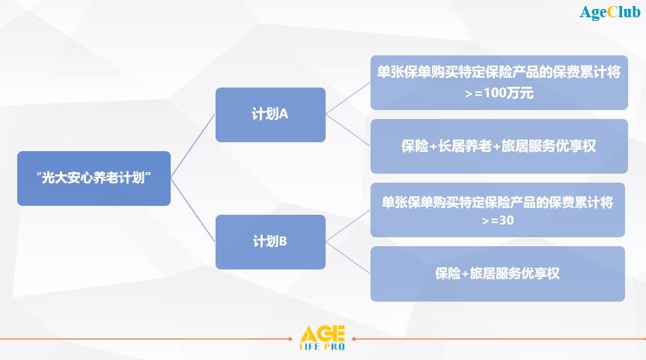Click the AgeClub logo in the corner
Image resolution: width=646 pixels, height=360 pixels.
610,13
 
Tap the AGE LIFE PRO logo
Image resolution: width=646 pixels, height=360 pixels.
323,338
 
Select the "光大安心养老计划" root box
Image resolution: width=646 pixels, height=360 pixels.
94,178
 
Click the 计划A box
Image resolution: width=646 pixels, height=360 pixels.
270,115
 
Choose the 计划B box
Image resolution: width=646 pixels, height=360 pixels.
270,242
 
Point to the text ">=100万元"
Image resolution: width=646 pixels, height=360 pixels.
499,93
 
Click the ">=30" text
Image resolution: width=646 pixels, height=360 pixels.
498,221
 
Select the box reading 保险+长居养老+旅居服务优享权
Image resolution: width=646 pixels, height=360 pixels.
499,146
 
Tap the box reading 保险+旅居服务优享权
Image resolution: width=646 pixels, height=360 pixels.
498,274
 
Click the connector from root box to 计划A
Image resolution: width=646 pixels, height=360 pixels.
193,146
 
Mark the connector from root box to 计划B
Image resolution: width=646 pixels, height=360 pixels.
193,210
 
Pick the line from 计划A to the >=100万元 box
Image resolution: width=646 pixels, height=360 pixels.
348,99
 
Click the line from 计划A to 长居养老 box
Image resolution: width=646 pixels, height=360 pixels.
348,130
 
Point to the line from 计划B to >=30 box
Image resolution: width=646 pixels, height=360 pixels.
348,226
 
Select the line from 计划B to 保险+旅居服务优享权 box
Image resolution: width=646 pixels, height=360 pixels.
348,258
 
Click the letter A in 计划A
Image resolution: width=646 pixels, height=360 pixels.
284,114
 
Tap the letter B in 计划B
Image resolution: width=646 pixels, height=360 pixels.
283,242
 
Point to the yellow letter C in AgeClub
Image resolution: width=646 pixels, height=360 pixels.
612,12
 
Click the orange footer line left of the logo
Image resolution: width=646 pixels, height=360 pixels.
146,339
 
